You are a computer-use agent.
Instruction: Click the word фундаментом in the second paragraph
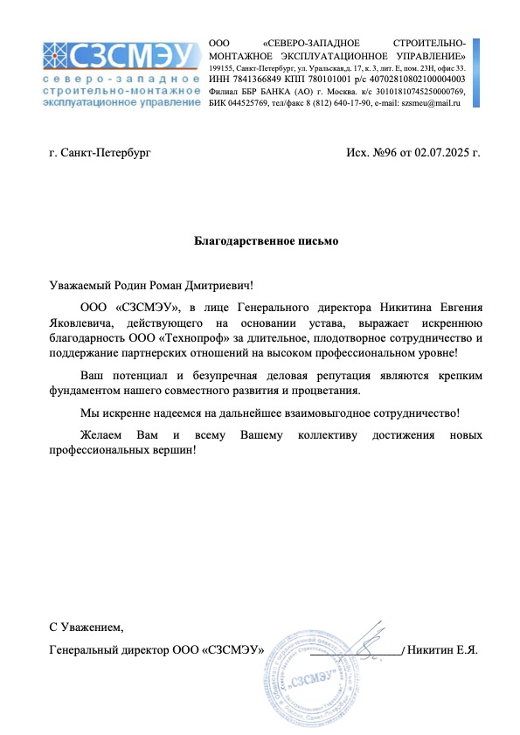[86, 391]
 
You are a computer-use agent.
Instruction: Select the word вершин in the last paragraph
[174, 450]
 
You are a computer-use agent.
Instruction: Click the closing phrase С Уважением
[87, 627]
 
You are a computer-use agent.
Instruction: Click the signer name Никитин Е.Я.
[443, 650]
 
